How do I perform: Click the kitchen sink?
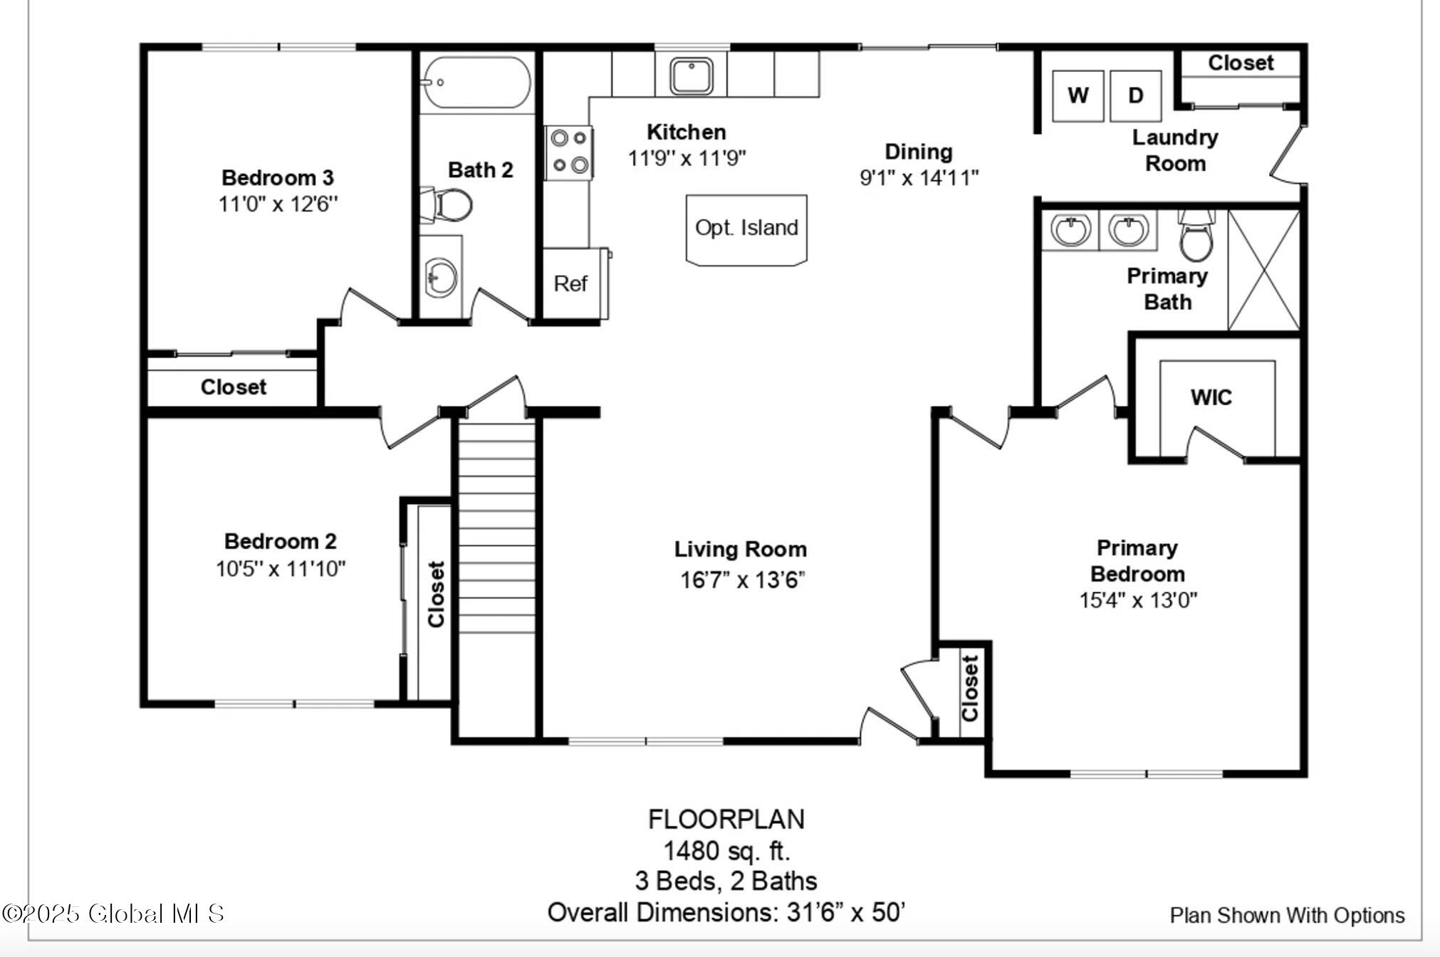(x=691, y=76)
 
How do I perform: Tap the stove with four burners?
(x=569, y=152)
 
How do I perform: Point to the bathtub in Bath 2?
(x=475, y=82)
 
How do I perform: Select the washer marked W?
(x=1078, y=95)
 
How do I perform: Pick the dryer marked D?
(x=1136, y=95)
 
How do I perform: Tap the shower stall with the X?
(x=1264, y=270)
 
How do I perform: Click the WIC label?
(x=1211, y=397)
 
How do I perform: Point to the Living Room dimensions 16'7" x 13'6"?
(x=742, y=580)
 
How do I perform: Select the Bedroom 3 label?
(x=278, y=177)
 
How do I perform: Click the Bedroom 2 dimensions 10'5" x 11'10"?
(x=281, y=569)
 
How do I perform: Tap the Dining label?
(x=919, y=152)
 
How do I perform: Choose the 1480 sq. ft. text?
(x=726, y=850)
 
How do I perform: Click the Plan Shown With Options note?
(x=1288, y=915)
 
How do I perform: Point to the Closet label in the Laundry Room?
(x=1241, y=63)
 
